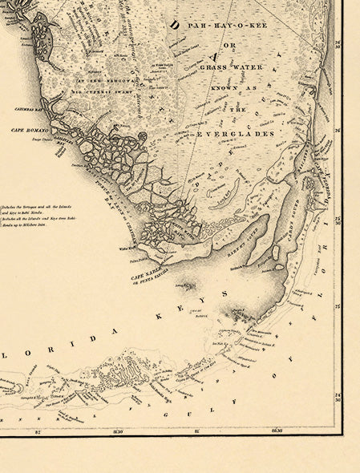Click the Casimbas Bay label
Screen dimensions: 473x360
pyautogui.click(x=29, y=107)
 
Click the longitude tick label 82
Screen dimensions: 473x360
pyautogui.click(x=38, y=430)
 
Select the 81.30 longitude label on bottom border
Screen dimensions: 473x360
pyautogui.click(x=118, y=430)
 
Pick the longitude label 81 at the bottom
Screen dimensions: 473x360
pyautogui.click(x=197, y=430)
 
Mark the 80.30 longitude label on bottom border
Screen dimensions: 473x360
pyautogui.click(x=277, y=430)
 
